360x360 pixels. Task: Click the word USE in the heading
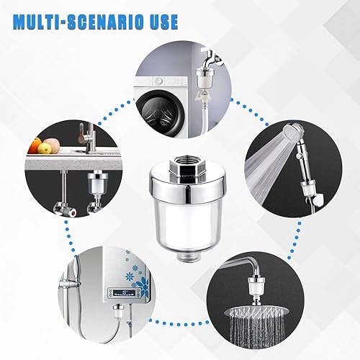[x=162, y=22]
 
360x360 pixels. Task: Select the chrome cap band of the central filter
[x=187, y=184]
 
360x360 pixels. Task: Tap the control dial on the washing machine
[x=158, y=81]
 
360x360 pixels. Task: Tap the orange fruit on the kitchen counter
[x=35, y=145]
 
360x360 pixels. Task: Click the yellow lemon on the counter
[x=45, y=148]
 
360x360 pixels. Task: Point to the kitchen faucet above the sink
[x=86, y=136]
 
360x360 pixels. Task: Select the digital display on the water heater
[x=124, y=293]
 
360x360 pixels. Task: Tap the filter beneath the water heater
[x=118, y=311]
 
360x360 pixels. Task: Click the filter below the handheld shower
[x=308, y=188]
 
